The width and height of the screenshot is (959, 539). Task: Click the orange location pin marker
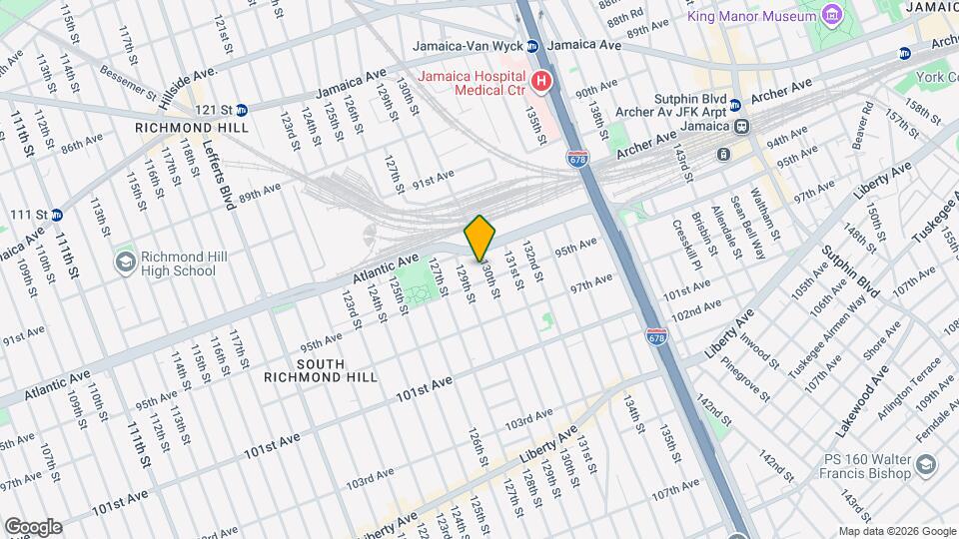tap(479, 238)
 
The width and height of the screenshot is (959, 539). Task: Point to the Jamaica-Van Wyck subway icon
tap(532, 46)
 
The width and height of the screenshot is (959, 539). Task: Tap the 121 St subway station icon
tap(243, 110)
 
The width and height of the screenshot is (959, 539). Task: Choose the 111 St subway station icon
tap(57, 214)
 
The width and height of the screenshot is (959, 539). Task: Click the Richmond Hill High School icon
tap(126, 263)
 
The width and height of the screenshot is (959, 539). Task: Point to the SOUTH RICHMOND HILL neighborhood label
tap(321, 370)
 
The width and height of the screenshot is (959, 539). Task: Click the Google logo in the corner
tap(33, 526)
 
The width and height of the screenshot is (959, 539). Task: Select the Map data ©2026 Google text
tap(896, 531)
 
